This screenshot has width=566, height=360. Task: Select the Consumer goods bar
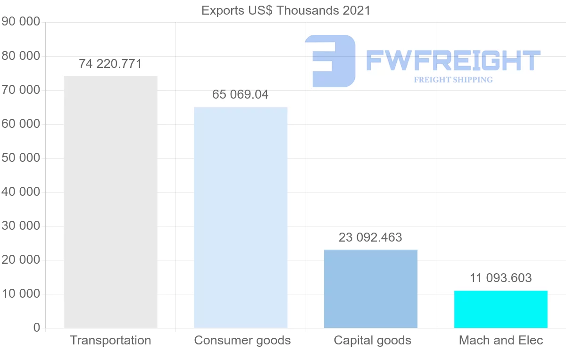point(241,218)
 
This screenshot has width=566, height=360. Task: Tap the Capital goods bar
point(371,289)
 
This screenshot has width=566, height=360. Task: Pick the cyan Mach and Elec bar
point(501,309)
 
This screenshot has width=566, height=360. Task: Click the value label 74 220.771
point(110,64)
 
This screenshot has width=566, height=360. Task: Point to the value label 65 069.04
point(241,94)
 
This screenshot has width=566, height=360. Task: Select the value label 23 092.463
point(371,237)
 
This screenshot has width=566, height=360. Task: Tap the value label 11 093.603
point(501,278)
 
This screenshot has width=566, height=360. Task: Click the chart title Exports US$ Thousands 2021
point(286,10)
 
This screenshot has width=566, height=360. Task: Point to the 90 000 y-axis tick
point(21,22)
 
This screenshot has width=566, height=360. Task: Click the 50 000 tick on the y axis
point(21,158)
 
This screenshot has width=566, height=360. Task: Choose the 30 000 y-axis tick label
point(21,226)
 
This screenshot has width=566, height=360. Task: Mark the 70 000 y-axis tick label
point(21,90)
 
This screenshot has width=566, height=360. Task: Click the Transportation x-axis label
point(110,340)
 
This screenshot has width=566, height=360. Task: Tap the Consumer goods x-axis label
point(242,340)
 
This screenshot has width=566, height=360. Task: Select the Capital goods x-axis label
point(373,340)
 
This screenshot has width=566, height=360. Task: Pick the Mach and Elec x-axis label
point(501,340)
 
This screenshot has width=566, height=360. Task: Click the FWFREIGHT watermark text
point(453,60)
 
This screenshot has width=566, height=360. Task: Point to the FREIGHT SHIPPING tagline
point(453,80)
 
